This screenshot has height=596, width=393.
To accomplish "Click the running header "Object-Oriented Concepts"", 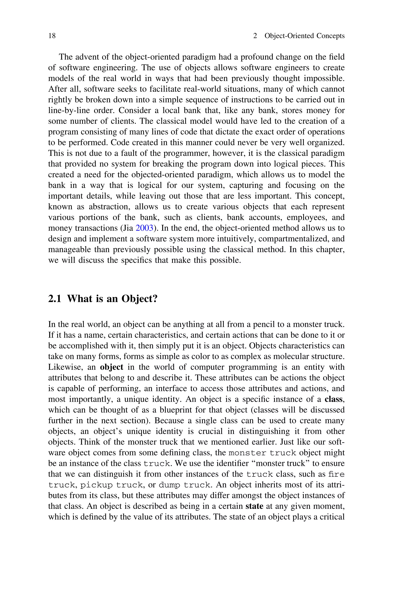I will click(x=305, y=36).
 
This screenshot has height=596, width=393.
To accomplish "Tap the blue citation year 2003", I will click(x=144, y=228).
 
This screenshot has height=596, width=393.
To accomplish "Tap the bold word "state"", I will click(x=254, y=506).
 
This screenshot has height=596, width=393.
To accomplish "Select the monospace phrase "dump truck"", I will click(x=184, y=485).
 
